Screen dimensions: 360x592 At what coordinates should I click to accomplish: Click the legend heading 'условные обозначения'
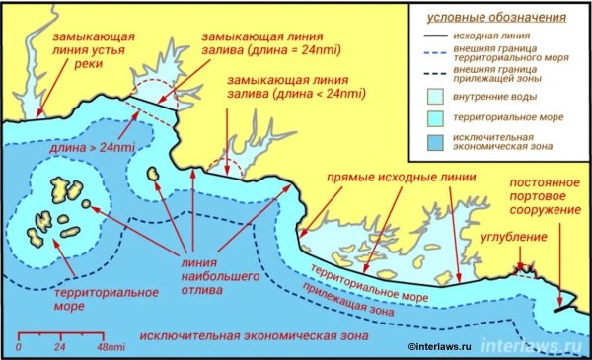pyautogui.click(x=495, y=18)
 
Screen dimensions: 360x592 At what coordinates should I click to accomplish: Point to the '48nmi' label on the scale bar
pyautogui.click(x=110, y=348)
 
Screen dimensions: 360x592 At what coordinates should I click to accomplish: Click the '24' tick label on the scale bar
pyautogui.click(x=59, y=348)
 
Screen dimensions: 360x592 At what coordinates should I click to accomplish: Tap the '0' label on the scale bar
pyautogui.click(x=19, y=348)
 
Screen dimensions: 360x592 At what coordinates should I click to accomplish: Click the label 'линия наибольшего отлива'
pyautogui.click(x=204, y=275)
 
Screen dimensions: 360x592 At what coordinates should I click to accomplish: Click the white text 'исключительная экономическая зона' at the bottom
pyautogui.click(x=254, y=336)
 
